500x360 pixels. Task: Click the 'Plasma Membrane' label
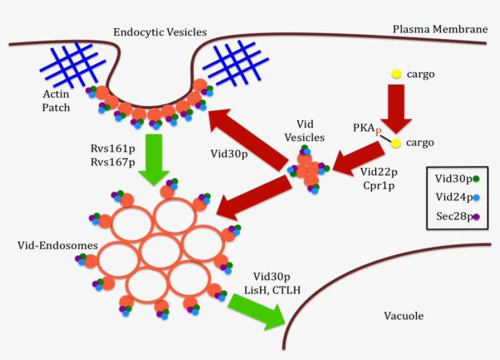click(440, 29)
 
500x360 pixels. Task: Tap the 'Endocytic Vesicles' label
click(160, 32)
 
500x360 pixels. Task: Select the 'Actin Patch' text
click(56, 101)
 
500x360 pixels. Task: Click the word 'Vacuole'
click(403, 315)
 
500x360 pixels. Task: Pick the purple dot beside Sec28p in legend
click(477, 216)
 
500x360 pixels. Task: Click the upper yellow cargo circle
click(396, 74)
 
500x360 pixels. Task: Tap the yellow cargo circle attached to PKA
click(396, 143)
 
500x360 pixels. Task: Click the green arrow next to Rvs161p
click(154, 159)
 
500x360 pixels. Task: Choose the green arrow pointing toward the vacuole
click(258, 310)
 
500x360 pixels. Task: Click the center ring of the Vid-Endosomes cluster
click(160, 251)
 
